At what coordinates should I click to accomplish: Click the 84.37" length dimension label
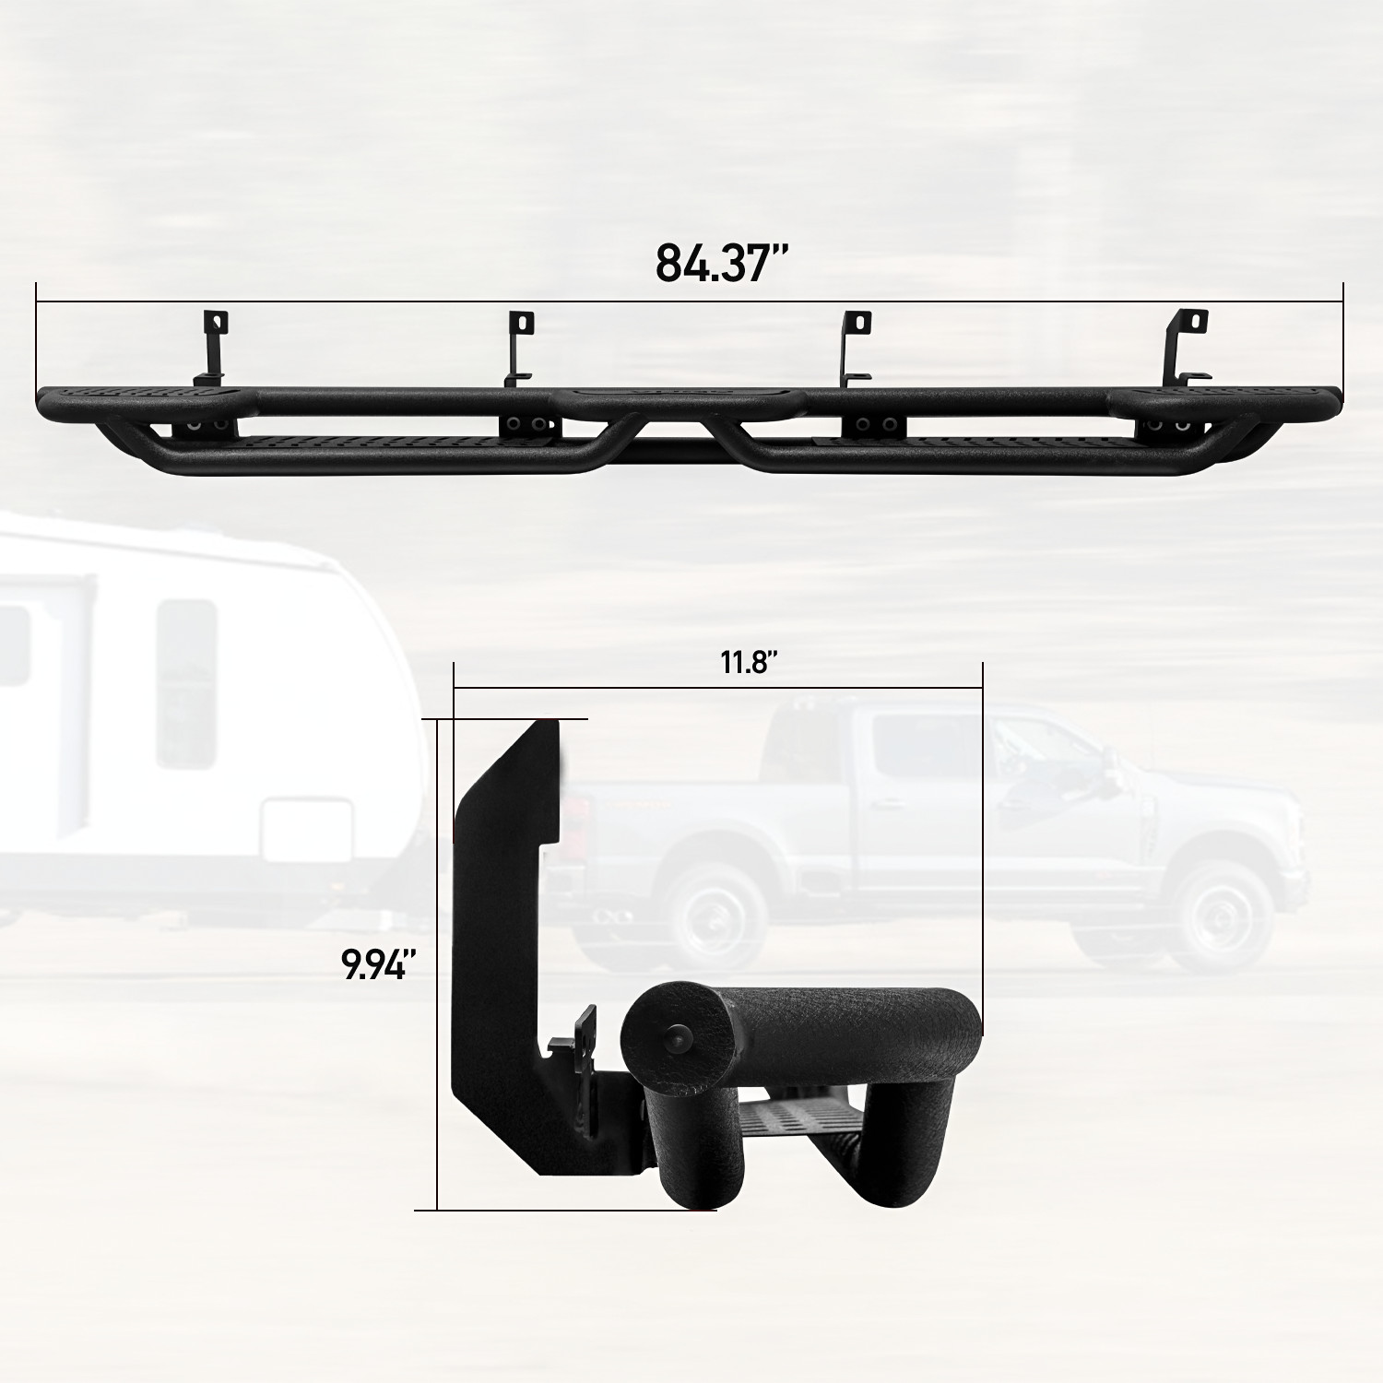pyautogui.click(x=723, y=263)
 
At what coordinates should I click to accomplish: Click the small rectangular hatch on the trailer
pyautogui.click(x=307, y=830)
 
